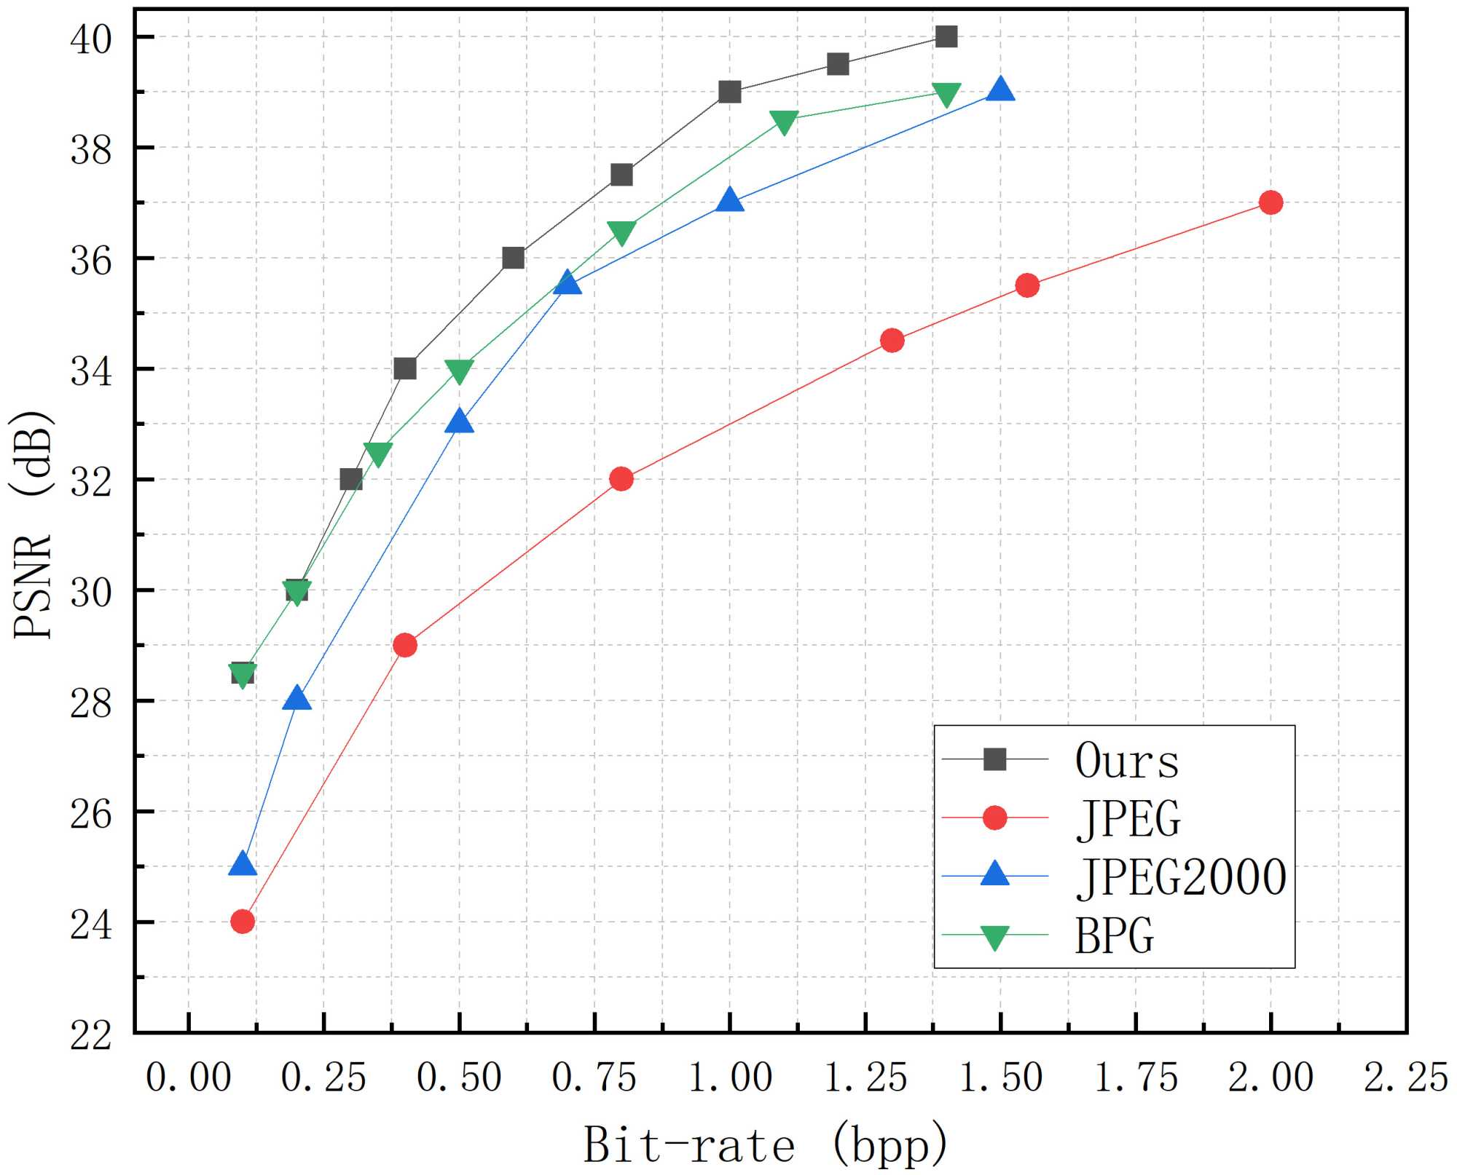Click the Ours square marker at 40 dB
point(946,36)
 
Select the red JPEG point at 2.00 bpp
point(1271,202)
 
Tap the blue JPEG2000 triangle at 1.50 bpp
point(1000,90)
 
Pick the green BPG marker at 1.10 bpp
point(784,122)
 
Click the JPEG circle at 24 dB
point(243,922)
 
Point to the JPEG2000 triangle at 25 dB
point(243,864)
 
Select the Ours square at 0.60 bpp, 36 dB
point(514,258)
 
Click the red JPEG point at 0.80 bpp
point(621,479)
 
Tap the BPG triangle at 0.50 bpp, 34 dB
point(459,371)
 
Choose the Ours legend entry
point(1126,761)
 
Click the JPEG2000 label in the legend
point(1181,877)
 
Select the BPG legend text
point(1115,935)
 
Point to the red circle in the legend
point(994,818)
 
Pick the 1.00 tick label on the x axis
point(730,1077)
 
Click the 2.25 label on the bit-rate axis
point(1405,1077)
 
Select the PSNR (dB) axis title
point(33,524)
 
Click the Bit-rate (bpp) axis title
point(765,1144)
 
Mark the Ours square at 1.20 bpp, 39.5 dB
point(838,64)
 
